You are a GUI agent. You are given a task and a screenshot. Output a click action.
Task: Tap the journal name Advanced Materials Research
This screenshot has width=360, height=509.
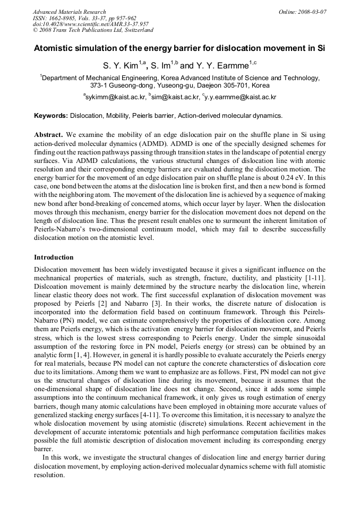70,12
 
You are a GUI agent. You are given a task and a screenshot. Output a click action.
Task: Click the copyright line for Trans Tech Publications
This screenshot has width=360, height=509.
93,30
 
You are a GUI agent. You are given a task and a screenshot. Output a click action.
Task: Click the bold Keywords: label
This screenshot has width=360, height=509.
51,115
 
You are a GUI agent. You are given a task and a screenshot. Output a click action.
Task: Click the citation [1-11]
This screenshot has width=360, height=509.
315,277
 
